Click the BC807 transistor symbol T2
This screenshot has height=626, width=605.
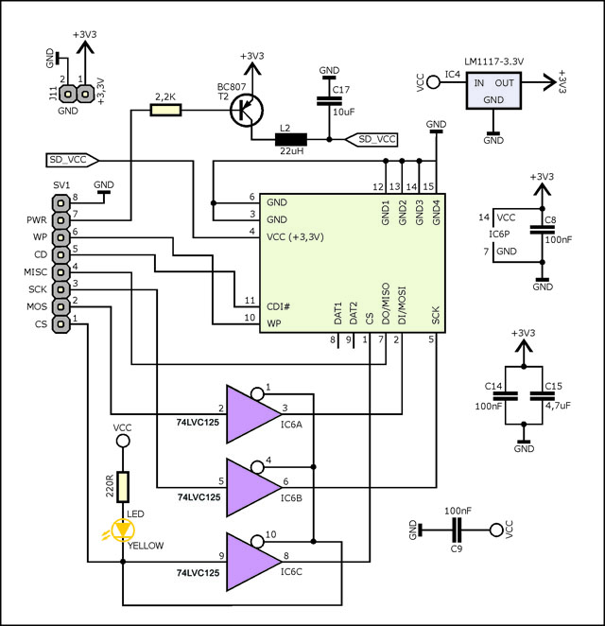click(x=247, y=111)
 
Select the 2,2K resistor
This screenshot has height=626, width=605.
click(x=165, y=110)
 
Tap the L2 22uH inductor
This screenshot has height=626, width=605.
click(x=291, y=140)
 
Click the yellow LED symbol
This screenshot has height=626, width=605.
click(x=123, y=530)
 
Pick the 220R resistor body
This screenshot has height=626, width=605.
click(x=123, y=487)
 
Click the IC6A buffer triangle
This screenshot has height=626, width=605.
click(x=253, y=414)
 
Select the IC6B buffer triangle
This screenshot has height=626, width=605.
click(x=253, y=487)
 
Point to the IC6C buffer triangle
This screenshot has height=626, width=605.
click(x=253, y=562)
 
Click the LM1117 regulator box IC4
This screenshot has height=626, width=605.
click(x=493, y=91)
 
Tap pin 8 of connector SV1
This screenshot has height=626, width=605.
click(x=60, y=203)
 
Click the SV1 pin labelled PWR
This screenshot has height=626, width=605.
click(x=60, y=220)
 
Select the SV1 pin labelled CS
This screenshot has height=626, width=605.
click(x=60, y=323)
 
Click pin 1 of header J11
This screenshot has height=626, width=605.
click(x=84, y=95)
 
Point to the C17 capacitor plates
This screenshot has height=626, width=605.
click(x=329, y=100)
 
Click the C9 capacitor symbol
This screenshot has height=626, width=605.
click(x=457, y=530)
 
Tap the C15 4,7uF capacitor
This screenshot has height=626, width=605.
click(x=542, y=395)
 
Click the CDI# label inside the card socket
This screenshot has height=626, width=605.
click(x=278, y=306)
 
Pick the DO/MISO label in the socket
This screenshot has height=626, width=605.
click(x=385, y=304)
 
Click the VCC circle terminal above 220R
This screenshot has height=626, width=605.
click(x=123, y=441)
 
